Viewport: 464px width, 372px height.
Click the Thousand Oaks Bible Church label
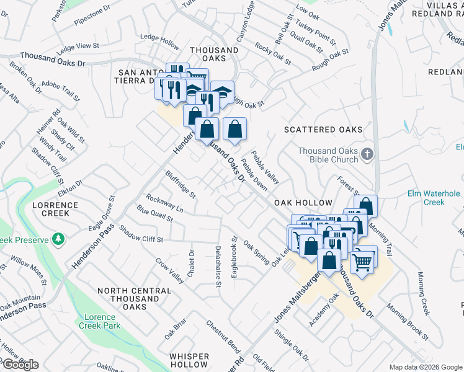pos(328,155)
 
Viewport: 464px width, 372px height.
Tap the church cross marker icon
pos(367,153)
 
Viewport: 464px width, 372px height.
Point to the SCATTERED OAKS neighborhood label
pos(323,130)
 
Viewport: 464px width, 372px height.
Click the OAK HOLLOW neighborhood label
pos(304,203)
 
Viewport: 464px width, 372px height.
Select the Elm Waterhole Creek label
pos(434,198)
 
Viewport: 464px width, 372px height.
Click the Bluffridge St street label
pos(181,184)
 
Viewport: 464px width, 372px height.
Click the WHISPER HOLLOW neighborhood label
pos(189,360)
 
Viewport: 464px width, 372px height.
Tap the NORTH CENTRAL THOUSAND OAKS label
pos(134,299)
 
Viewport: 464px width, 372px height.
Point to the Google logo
pos(20,365)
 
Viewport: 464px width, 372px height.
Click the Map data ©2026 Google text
pos(425,367)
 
